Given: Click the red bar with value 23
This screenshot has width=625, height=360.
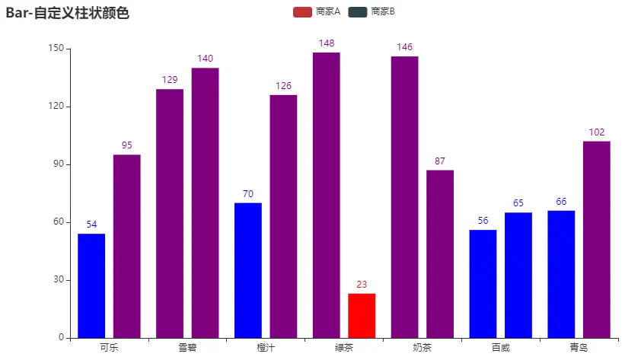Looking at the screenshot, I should point(362,315).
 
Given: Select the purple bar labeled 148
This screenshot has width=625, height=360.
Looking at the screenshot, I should point(326,195).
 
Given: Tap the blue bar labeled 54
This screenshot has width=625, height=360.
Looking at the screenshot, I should point(91,285).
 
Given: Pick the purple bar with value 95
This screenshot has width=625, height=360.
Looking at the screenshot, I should point(127,246).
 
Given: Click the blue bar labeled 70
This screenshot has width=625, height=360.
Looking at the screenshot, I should point(247,270).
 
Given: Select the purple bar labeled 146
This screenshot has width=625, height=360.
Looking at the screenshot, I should point(404,196).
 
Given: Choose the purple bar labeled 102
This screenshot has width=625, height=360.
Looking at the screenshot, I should point(596,239).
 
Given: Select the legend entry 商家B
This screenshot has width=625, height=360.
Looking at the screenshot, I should point(371,11).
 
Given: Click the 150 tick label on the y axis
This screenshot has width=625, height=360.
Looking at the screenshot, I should point(55,49).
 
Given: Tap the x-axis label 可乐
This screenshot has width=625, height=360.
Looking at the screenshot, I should point(109,348).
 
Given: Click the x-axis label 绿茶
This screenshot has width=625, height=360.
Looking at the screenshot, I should point(344,348).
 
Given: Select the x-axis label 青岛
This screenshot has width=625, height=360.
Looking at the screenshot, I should point(579,348).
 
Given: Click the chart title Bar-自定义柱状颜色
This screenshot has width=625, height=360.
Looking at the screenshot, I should point(67,13).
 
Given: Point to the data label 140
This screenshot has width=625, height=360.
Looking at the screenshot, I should point(205,59).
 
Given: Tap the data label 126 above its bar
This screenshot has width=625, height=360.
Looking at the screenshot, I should point(283,85).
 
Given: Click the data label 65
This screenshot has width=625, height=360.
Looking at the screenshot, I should point(518,203).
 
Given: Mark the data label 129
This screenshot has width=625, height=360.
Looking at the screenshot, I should point(169,80).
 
